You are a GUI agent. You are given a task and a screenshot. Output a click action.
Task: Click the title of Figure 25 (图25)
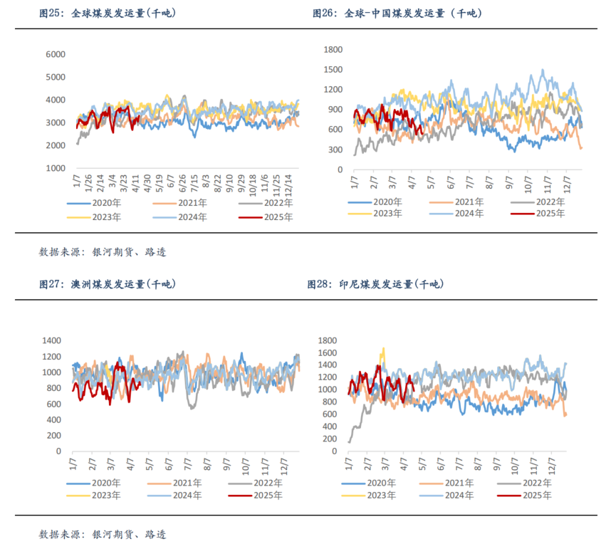point(107,14)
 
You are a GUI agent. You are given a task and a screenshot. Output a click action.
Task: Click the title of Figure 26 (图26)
point(397,14)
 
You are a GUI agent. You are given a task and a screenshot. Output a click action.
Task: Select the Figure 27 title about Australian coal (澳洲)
point(107,284)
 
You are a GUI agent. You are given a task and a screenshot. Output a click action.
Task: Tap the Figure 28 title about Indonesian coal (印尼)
point(375,284)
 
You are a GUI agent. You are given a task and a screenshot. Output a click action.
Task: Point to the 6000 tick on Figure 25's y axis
point(56,54)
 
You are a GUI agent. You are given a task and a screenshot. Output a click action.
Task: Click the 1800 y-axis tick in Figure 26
point(334,49)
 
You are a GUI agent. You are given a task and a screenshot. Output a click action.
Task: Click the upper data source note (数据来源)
point(103,252)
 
